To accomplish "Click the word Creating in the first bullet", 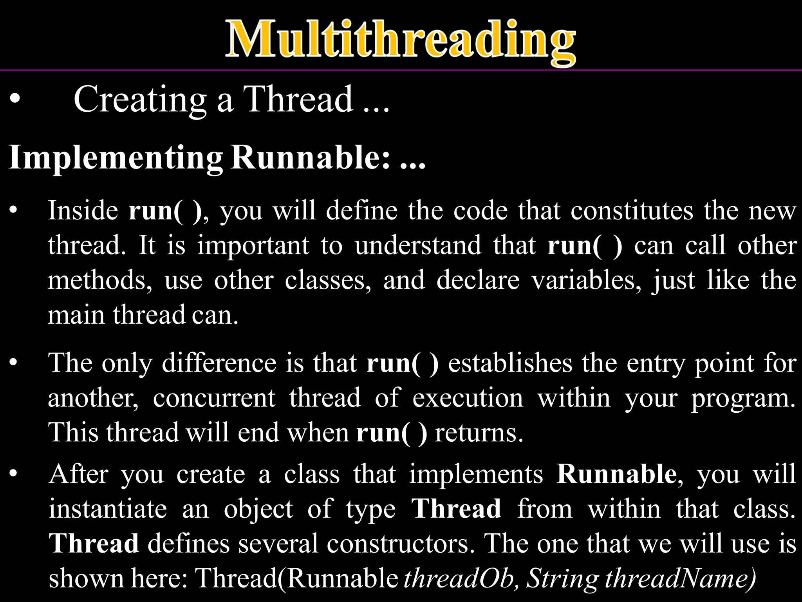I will [x=140, y=100].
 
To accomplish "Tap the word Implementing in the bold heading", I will [x=116, y=158].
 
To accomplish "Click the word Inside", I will [x=83, y=210].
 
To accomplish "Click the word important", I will [x=253, y=246].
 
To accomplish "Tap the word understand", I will [x=418, y=246].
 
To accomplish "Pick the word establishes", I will [x=510, y=363].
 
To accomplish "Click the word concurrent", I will [x=214, y=398].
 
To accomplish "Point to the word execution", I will [x=468, y=398].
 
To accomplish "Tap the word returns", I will [x=479, y=433].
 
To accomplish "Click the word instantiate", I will [x=108, y=509].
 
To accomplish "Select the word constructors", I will [x=400, y=544].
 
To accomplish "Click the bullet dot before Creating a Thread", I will [x=15, y=100].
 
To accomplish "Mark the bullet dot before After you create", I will [x=14, y=474].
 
